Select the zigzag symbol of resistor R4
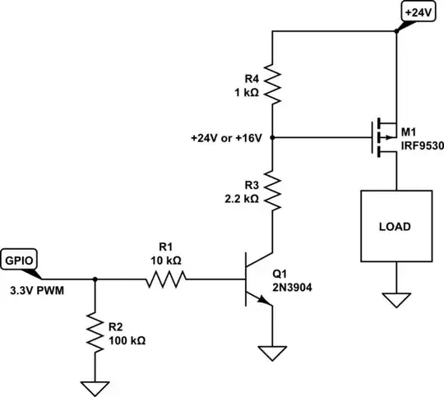(x=272, y=83)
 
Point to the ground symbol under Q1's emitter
(x=272, y=353)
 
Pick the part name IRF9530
(x=419, y=145)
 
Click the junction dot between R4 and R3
(x=272, y=137)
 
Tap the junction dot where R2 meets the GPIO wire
(x=96, y=279)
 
